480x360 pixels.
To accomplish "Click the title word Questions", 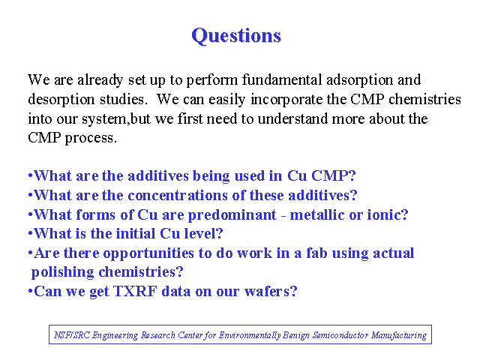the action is [x=236, y=36].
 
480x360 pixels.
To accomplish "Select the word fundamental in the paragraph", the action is [x=282, y=80].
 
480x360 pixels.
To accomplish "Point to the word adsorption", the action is [x=359, y=80].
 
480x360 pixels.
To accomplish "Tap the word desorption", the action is [x=61, y=100].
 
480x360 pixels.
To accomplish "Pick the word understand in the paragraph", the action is [x=292, y=118].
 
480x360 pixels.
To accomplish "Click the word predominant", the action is [x=232, y=215].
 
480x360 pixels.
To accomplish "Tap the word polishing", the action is [x=62, y=272].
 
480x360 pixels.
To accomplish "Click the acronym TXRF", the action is [x=135, y=291].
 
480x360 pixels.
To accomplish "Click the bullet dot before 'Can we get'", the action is [x=30, y=291].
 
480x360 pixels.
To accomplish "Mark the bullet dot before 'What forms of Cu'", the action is [x=30, y=214].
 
